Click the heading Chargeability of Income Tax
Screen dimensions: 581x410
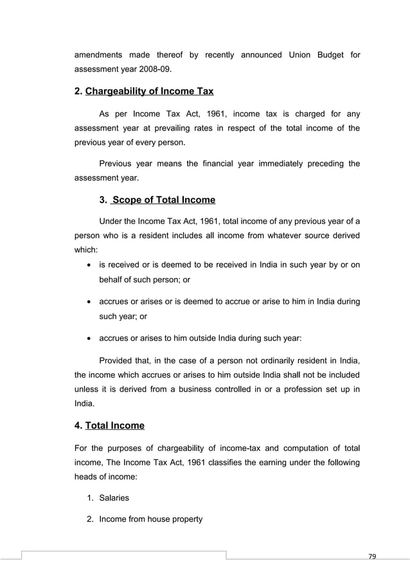(x=149, y=91)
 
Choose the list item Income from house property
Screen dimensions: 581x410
(x=150, y=519)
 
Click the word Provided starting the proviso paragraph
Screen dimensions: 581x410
(x=117, y=358)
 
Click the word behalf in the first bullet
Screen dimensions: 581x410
(x=113, y=280)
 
